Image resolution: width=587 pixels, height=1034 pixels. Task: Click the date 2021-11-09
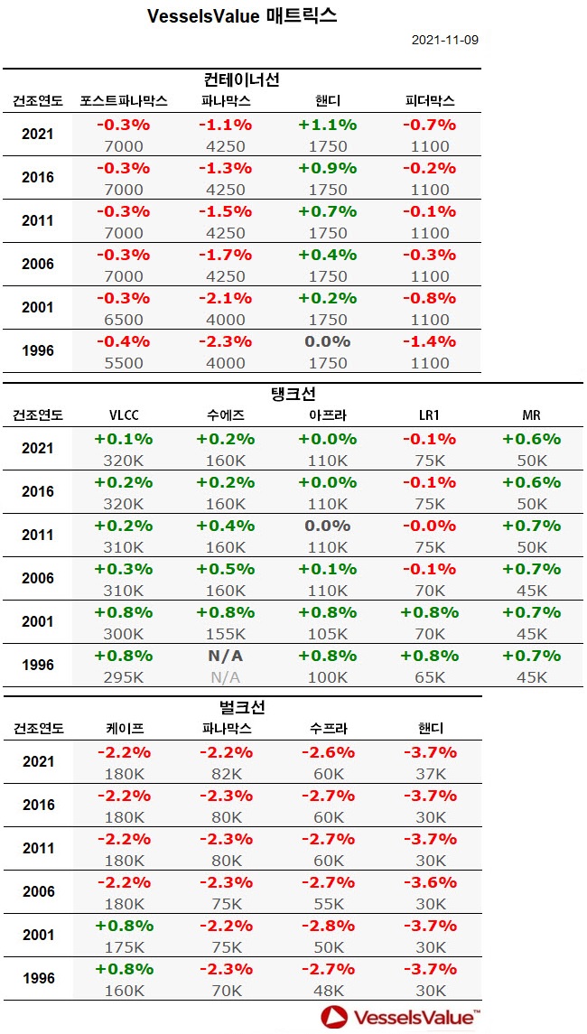(444, 41)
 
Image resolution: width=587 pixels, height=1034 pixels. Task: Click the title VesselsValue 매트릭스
(242, 16)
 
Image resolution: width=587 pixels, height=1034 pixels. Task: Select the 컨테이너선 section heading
(242, 80)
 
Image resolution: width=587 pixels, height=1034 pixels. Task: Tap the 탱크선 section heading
(293, 394)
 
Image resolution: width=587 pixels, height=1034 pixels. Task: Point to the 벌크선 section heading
(242, 707)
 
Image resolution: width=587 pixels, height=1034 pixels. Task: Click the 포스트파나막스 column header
(124, 101)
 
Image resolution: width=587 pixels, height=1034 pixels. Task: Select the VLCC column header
(124, 415)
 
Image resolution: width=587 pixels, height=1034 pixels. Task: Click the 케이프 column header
(124, 729)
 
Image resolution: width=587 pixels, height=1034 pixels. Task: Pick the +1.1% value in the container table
(327, 126)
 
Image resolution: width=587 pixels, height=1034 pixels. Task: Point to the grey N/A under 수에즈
(225, 677)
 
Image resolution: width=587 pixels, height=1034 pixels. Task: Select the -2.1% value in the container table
(225, 299)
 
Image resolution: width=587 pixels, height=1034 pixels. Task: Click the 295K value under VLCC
(124, 677)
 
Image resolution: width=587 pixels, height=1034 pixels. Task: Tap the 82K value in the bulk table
(225, 774)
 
